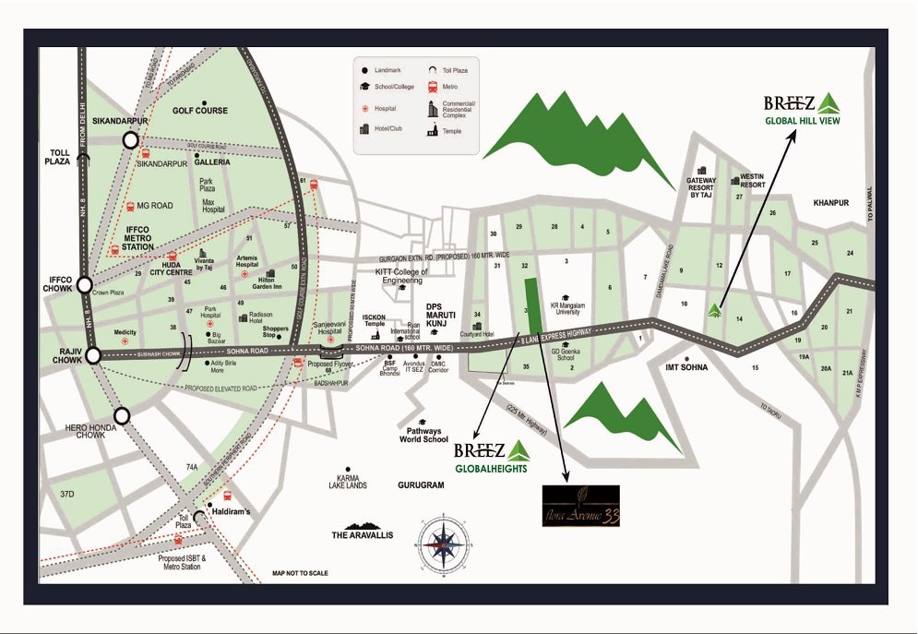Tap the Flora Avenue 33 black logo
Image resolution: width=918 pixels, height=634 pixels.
pyautogui.click(x=580, y=507)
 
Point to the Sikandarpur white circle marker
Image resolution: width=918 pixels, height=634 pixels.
pyautogui.click(x=130, y=140)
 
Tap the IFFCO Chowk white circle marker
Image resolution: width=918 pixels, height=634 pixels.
pyautogui.click(x=85, y=286)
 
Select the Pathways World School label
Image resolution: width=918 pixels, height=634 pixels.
pyautogui.click(x=423, y=435)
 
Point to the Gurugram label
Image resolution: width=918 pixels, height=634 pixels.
pyautogui.click(x=421, y=484)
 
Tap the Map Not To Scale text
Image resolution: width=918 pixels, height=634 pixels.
pyautogui.click(x=300, y=573)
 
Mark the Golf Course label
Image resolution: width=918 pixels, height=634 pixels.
pyautogui.click(x=199, y=111)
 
